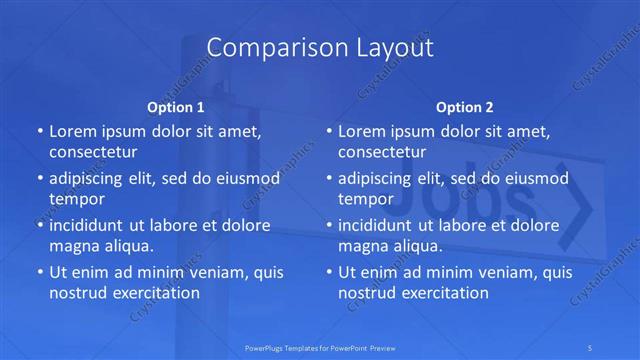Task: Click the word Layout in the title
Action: [389, 47]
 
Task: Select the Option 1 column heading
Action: [176, 106]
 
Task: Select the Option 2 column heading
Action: [465, 106]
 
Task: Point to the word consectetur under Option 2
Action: [382, 152]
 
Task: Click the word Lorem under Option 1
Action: [73, 132]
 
